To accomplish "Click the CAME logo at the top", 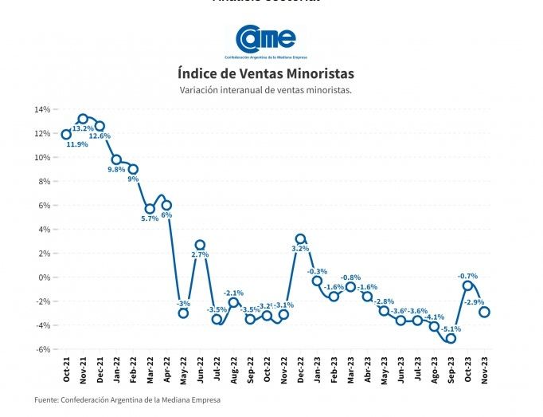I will click(x=266, y=40).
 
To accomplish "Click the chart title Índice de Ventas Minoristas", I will click(x=266, y=73).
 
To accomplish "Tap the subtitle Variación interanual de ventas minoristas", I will click(x=266, y=90).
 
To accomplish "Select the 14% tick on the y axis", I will click(x=42, y=109).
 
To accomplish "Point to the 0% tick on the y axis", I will click(x=45, y=277).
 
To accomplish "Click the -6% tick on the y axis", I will click(x=43, y=349).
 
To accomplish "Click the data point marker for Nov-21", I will click(x=83, y=119).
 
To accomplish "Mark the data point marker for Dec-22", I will click(x=300, y=238).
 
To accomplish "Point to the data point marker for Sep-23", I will click(x=451, y=338).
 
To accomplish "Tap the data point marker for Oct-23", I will click(x=467, y=285).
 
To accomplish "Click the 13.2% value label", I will click(x=83, y=128).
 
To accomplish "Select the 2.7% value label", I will click(x=200, y=255).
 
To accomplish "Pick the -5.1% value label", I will click(x=451, y=328).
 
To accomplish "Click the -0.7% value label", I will click(x=467, y=276).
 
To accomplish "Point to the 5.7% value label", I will click(x=150, y=218).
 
